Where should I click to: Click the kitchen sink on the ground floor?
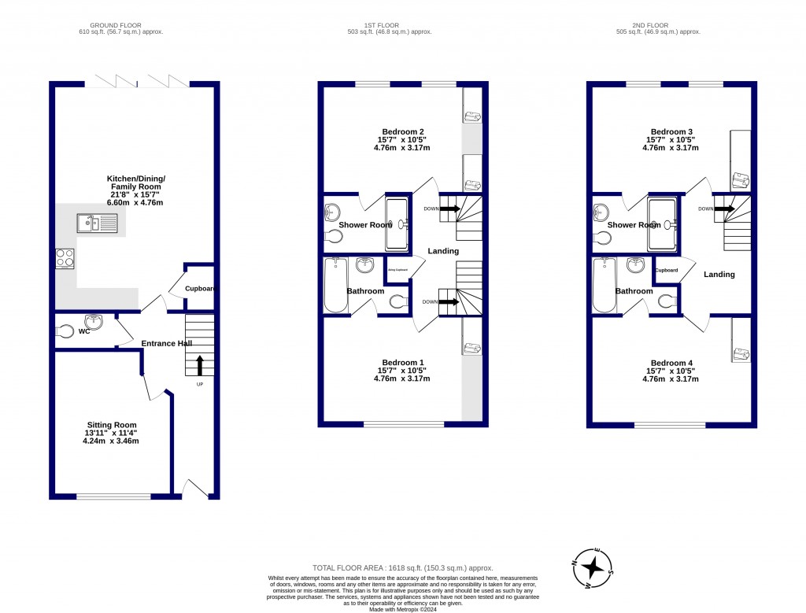point(97,224)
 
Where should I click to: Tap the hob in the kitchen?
point(65,258)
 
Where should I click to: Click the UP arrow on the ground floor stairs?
point(199,365)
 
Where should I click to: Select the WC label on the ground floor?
point(84,332)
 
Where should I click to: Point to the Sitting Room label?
point(110,425)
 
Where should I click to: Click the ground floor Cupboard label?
point(199,289)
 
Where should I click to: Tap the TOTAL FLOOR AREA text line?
point(402,567)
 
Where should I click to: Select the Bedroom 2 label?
point(403,131)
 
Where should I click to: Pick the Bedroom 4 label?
point(671,363)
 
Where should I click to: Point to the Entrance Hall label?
point(166,344)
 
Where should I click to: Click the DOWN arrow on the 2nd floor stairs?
point(725,209)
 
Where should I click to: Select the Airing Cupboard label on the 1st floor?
point(397,270)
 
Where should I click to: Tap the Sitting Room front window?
point(113,497)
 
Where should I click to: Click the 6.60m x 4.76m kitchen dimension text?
point(135,201)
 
